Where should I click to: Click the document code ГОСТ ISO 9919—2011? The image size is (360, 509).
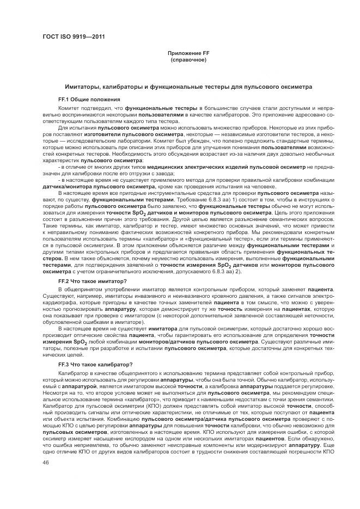(x=73, y=37)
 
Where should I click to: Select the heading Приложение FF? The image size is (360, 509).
(x=188, y=53)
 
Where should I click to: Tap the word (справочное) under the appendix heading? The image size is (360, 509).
(x=188, y=59)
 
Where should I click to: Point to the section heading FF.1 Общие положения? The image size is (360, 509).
(x=89, y=100)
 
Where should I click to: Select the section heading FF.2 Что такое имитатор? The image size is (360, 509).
(x=92, y=280)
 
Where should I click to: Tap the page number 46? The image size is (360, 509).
(x=46, y=462)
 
